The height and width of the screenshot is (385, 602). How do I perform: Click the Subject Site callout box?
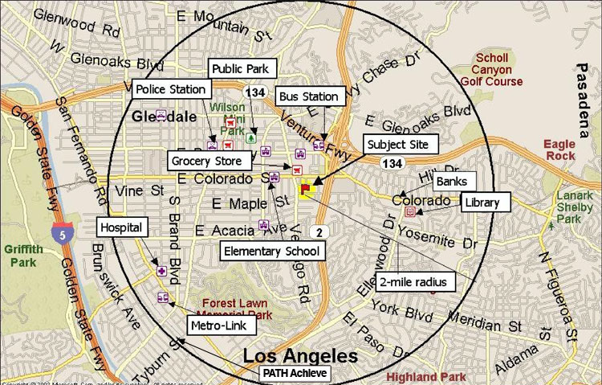pos(402,145)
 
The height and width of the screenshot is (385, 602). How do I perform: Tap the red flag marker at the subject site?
pos(306,190)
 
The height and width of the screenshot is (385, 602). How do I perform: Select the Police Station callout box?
pos(172,88)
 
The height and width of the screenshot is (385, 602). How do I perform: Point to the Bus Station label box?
pos(308,96)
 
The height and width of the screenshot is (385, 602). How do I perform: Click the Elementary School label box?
pos(272,252)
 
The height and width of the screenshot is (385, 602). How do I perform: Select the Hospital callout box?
pos(122,227)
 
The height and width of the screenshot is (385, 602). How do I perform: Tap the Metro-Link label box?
pos(222,326)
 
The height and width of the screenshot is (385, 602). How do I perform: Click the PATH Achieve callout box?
pos(295,373)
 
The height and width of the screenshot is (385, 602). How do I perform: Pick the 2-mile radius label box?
pos(413,281)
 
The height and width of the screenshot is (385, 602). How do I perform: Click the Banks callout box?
pos(451,182)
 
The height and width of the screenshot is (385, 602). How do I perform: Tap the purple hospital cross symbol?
pos(162,272)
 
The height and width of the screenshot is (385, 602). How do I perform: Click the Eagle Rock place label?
pos(559,149)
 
